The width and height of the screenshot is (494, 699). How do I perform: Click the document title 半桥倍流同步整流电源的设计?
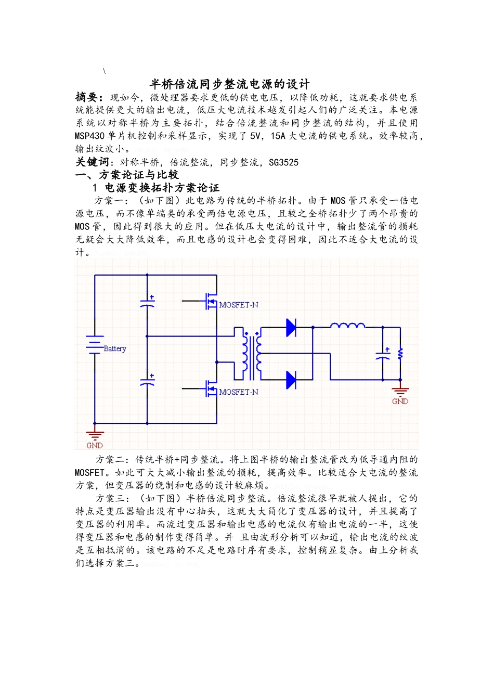coord(229,84)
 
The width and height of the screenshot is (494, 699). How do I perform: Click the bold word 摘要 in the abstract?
coord(87,97)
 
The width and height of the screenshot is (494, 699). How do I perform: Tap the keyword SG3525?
coord(283,162)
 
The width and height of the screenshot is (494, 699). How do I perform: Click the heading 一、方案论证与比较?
coord(127,175)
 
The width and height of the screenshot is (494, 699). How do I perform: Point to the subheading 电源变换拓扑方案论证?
coord(162,188)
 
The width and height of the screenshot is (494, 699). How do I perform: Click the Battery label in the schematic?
coord(115,348)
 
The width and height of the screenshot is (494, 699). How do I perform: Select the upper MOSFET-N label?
coord(238,305)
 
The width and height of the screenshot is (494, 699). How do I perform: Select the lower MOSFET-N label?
coord(238,392)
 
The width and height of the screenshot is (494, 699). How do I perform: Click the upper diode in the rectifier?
coord(291,327)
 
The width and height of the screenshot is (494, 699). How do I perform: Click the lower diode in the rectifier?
coord(291,380)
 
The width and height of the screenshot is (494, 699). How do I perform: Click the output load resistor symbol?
coord(400,354)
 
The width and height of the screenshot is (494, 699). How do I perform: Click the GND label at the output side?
coord(400,401)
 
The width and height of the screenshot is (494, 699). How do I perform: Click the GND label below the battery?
coord(95,445)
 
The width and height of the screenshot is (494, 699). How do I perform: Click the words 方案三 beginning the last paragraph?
coord(110,499)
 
